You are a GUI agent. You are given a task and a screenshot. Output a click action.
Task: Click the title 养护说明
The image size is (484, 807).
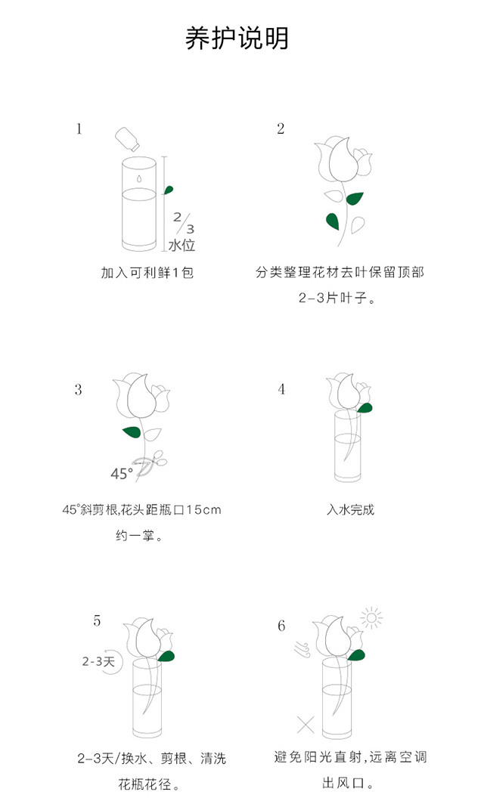[237, 38]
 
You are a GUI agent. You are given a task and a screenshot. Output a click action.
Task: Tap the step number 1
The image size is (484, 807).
[79, 128]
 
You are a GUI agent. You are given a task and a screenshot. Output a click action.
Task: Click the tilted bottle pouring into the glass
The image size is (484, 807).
[127, 138]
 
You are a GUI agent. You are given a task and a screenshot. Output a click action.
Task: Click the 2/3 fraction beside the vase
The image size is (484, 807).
[184, 222]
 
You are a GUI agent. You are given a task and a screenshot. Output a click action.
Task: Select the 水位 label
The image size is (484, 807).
[182, 245]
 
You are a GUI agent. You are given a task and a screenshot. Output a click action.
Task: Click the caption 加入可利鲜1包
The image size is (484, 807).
[147, 272]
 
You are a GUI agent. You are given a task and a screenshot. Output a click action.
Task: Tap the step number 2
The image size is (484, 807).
[281, 128]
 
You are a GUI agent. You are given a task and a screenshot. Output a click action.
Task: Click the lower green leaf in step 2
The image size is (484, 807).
[333, 221]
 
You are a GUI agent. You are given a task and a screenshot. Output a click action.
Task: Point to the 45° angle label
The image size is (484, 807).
[122, 474]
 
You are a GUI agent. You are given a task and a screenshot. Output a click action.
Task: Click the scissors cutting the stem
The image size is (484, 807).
[150, 462]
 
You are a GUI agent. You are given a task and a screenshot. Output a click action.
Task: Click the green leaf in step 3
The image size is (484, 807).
[132, 431]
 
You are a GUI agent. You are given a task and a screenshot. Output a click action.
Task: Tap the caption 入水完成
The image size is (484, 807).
[350, 509]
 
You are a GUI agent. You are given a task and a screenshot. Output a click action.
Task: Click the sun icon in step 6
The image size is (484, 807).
[371, 617]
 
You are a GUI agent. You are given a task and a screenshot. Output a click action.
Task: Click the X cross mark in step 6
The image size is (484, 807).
[306, 725]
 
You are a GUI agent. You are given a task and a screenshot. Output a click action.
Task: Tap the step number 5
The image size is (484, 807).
[97, 621]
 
